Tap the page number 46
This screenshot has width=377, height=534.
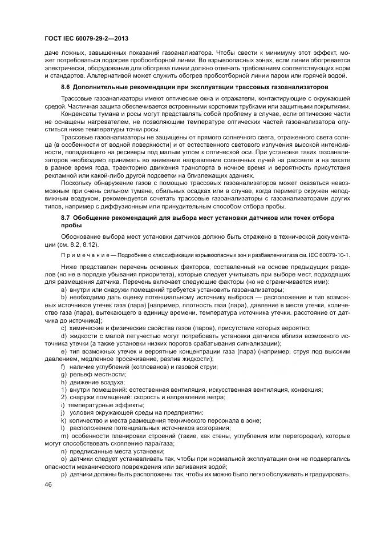pyautogui.click(x=47, y=484)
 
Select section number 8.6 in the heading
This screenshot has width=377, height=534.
pyautogui.click(x=66, y=87)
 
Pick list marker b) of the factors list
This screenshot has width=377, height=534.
pyautogui.click(x=63, y=299)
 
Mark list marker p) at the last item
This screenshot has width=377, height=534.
pyautogui.click(x=63, y=474)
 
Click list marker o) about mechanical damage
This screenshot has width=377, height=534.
pyautogui.click(x=63, y=459)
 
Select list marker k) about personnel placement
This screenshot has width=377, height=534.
pyautogui.click(x=63, y=420)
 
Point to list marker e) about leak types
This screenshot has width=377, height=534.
pyautogui.click(x=63, y=351)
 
